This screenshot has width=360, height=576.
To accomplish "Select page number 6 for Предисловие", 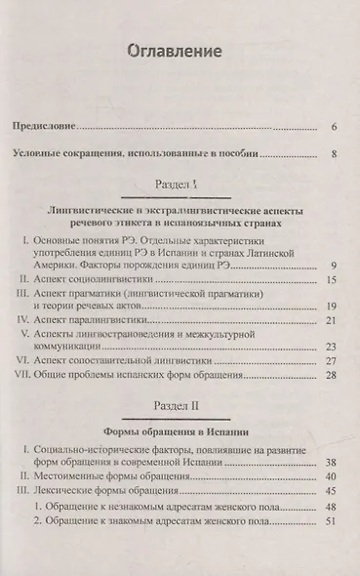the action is tap(334, 127).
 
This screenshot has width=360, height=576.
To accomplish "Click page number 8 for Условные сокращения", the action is tap(334, 153).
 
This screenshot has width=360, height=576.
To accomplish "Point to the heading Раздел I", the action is tap(180, 185).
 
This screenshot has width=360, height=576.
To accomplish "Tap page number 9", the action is tap(334, 266).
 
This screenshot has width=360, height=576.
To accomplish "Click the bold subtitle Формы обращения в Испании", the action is tap(180, 430).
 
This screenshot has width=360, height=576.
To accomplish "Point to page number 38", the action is tap(332, 464).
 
